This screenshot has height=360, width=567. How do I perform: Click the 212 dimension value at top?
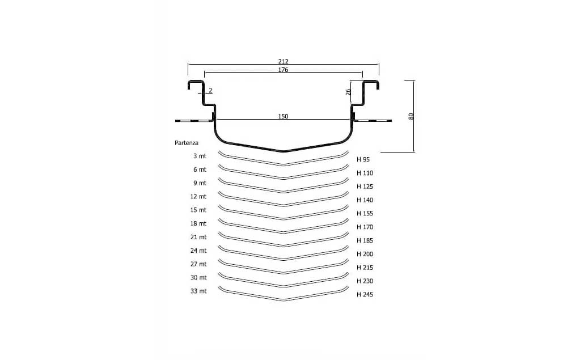pos(283,61)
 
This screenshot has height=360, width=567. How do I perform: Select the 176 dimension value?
pos(283,70)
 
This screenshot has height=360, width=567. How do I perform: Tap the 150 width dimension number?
pos(283,116)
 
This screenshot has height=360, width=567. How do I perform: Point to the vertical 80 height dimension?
pos(412,116)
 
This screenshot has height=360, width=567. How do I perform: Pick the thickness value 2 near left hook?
pos(210,91)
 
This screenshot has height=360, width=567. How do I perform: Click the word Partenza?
pos(187,143)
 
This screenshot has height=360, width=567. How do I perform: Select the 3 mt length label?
pos(199,156)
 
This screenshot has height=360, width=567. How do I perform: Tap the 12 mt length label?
pos(198,196)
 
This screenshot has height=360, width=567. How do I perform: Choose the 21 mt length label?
pos(198,237)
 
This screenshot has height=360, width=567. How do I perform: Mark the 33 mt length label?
pos(198,291)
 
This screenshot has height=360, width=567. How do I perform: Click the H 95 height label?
pos(363,159)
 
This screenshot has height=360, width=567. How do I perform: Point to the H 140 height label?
pos(365,200)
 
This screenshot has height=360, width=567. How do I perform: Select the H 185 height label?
pos(365,240)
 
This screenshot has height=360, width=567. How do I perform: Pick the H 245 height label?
pos(365,294)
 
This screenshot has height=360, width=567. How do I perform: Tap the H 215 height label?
pos(365,267)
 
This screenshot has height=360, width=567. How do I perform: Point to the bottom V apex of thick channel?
pos(283,151)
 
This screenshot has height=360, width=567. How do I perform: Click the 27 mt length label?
pos(198,264)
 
